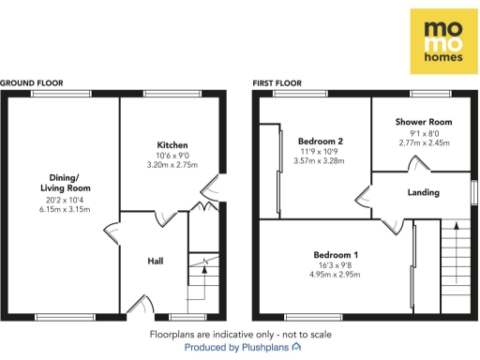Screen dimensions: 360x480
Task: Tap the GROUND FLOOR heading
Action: (32, 83)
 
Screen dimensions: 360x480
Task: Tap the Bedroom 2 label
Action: (322, 142)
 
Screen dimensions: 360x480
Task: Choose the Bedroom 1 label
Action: (336, 255)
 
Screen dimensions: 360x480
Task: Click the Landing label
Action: (424, 193)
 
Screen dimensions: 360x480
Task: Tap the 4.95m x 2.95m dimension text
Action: (336, 276)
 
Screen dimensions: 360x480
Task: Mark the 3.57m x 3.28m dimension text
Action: (322, 161)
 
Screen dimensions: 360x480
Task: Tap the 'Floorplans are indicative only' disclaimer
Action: (241, 334)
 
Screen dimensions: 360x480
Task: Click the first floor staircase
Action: (457, 267)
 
